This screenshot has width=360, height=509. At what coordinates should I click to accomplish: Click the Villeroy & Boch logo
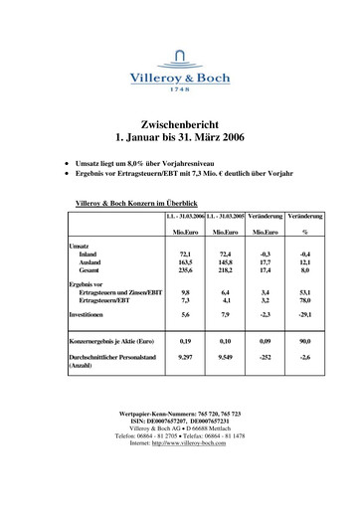[x=180, y=73]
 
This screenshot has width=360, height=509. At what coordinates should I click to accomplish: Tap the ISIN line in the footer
[x=179, y=419]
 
